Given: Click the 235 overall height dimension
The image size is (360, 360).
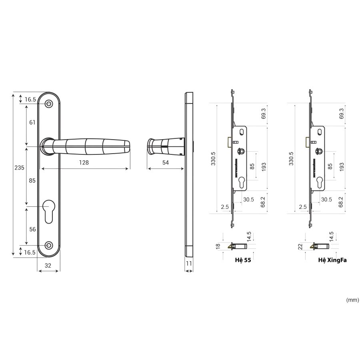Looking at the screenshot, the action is click(19, 168).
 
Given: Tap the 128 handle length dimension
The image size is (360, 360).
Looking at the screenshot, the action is click(84, 162).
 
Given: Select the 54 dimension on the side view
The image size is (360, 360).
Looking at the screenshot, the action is click(165, 162).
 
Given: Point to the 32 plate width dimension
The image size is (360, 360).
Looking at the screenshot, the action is click(48, 266).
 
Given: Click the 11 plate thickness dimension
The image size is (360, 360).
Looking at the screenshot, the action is click(189, 263).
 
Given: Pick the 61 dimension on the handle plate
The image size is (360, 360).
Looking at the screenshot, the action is click(32, 122).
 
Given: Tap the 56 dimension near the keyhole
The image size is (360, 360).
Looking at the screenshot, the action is click(32, 229).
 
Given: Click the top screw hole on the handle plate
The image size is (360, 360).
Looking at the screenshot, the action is click(48, 104).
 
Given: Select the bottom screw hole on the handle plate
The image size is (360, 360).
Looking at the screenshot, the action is click(48, 246).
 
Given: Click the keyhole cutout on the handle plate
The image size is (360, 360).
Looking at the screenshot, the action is click(49, 212).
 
